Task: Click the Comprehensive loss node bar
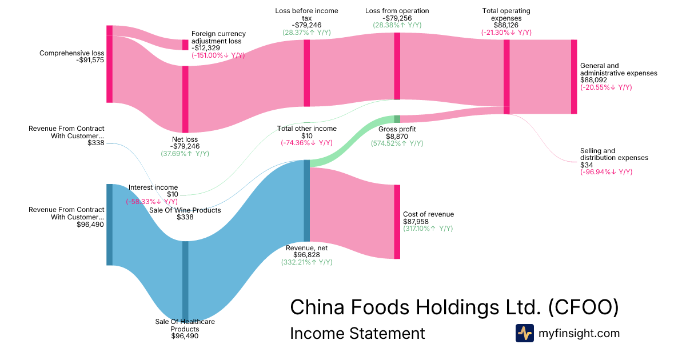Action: pos(109,64)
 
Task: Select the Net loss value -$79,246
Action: pos(185,146)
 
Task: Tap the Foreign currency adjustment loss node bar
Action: pos(185,45)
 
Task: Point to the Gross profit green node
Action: pos(397,119)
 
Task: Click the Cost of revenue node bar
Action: pos(397,222)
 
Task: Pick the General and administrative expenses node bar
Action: pos(574,77)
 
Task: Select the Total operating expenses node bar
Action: pos(506,77)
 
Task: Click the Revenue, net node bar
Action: pos(306,200)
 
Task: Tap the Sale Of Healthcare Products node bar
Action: pos(185,280)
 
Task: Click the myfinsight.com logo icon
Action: pos(525,333)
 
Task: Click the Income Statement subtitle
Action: pos(357,333)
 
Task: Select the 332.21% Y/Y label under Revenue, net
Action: pos(306,262)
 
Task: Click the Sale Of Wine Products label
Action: pos(185,210)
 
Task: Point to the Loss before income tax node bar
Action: pos(306,73)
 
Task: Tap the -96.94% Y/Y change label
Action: pos(607,172)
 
